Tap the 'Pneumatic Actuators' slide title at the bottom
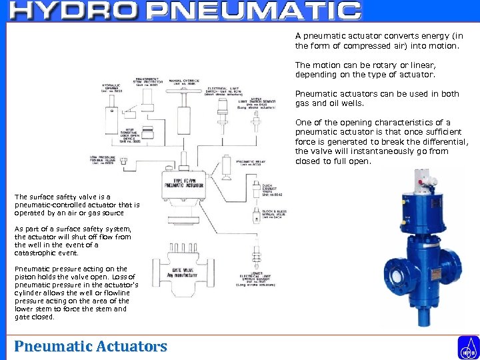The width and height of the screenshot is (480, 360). click(x=91, y=346)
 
